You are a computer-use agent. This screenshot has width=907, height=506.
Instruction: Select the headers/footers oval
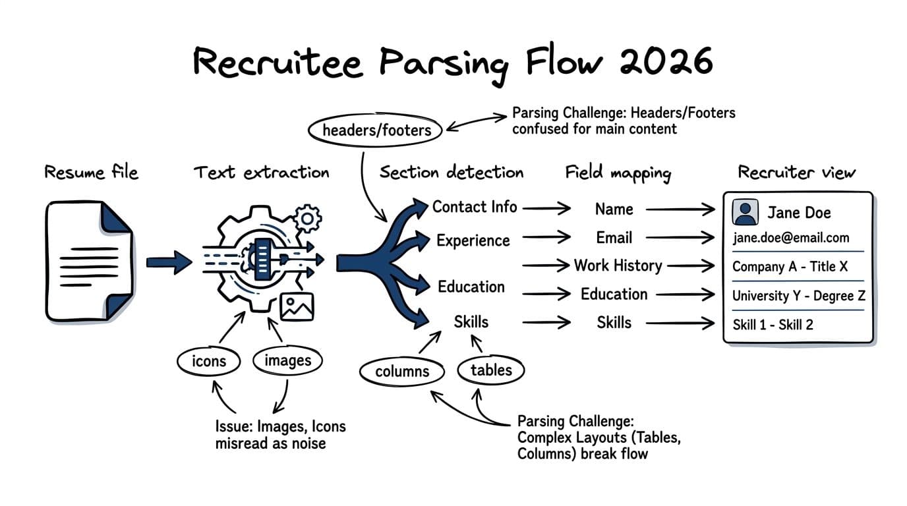[376, 130]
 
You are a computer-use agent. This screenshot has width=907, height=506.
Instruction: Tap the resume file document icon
[89, 262]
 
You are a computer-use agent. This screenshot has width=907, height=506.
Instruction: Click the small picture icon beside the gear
[297, 306]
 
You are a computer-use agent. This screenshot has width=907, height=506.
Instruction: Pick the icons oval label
[209, 361]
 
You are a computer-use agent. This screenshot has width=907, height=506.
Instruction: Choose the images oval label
[287, 360]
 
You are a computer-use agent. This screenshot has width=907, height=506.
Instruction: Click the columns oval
[402, 372]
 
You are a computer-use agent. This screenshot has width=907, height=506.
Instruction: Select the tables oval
[491, 370]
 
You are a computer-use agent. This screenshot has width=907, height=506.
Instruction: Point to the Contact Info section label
[475, 207]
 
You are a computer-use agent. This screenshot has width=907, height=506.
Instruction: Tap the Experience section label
[473, 240]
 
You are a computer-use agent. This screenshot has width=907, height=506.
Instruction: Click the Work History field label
[618, 266]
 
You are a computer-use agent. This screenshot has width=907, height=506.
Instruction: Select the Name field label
[614, 210]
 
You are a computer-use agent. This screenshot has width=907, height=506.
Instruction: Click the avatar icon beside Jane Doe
[746, 212]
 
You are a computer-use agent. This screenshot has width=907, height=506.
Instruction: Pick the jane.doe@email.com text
[791, 238]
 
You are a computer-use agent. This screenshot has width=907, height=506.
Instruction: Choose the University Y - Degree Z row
[798, 296]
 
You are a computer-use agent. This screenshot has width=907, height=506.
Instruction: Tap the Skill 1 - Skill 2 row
[773, 324]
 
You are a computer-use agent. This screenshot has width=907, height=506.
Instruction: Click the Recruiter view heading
[796, 173]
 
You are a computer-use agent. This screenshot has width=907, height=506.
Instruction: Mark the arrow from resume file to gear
[168, 262]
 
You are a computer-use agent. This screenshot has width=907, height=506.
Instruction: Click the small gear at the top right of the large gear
[307, 218]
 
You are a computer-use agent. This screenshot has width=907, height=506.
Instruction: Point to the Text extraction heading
[261, 173]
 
